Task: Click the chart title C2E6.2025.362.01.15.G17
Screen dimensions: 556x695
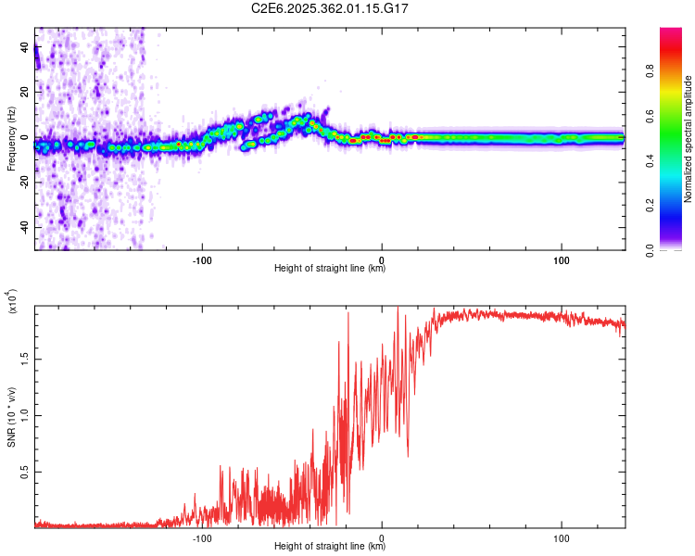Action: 330,7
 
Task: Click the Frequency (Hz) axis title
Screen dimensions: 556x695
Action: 12,138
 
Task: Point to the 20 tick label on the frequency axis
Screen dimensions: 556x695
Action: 25,93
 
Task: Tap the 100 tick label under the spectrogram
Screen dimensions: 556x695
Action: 561,259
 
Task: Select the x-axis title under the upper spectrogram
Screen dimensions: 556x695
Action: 330,270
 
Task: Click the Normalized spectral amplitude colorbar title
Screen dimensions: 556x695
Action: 689,139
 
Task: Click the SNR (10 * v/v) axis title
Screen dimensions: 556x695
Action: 12,417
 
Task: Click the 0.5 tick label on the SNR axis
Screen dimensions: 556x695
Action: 25,472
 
